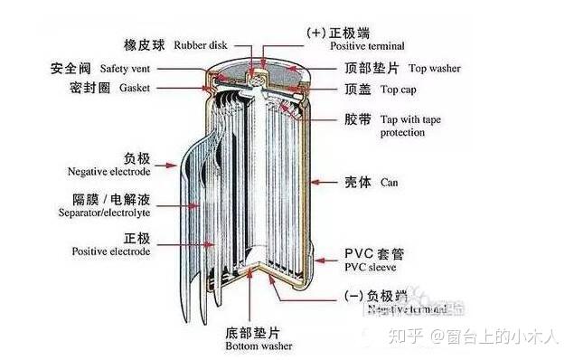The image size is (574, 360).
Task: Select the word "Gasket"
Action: (116, 88)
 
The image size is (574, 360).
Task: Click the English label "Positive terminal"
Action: (367, 45)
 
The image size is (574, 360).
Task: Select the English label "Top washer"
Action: (438, 68)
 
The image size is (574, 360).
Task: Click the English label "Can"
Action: (389, 182)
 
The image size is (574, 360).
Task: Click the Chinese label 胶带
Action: (357, 118)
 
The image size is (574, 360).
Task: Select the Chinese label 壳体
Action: (357, 181)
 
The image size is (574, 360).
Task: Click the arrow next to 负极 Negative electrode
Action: (165, 166)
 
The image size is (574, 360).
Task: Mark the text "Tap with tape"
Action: (412, 118)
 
